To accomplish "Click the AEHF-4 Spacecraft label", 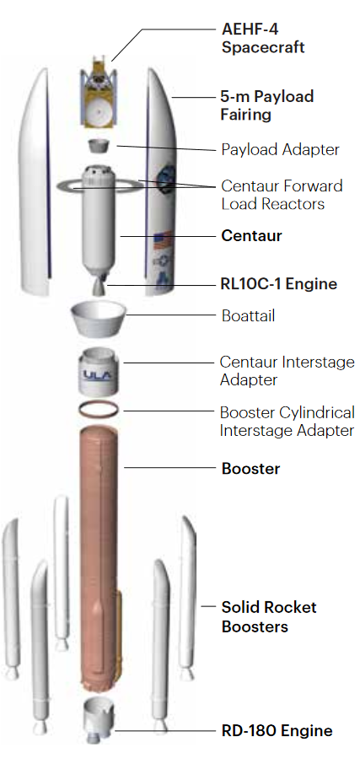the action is [x=263, y=38].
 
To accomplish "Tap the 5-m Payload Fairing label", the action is [x=267, y=105].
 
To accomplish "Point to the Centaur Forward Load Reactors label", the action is [x=282, y=194].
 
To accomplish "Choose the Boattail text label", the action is [x=248, y=315].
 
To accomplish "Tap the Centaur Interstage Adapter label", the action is [x=287, y=370].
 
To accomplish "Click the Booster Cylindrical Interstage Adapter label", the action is [x=287, y=421].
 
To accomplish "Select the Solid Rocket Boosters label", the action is [x=269, y=616].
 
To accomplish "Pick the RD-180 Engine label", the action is [x=277, y=731].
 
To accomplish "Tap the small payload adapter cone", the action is [x=98, y=146].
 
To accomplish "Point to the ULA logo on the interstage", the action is [x=99, y=375].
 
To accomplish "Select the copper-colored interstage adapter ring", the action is [x=99, y=409].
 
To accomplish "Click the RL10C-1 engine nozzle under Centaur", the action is [x=99, y=288].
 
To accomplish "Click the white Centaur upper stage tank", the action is [x=98, y=223].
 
